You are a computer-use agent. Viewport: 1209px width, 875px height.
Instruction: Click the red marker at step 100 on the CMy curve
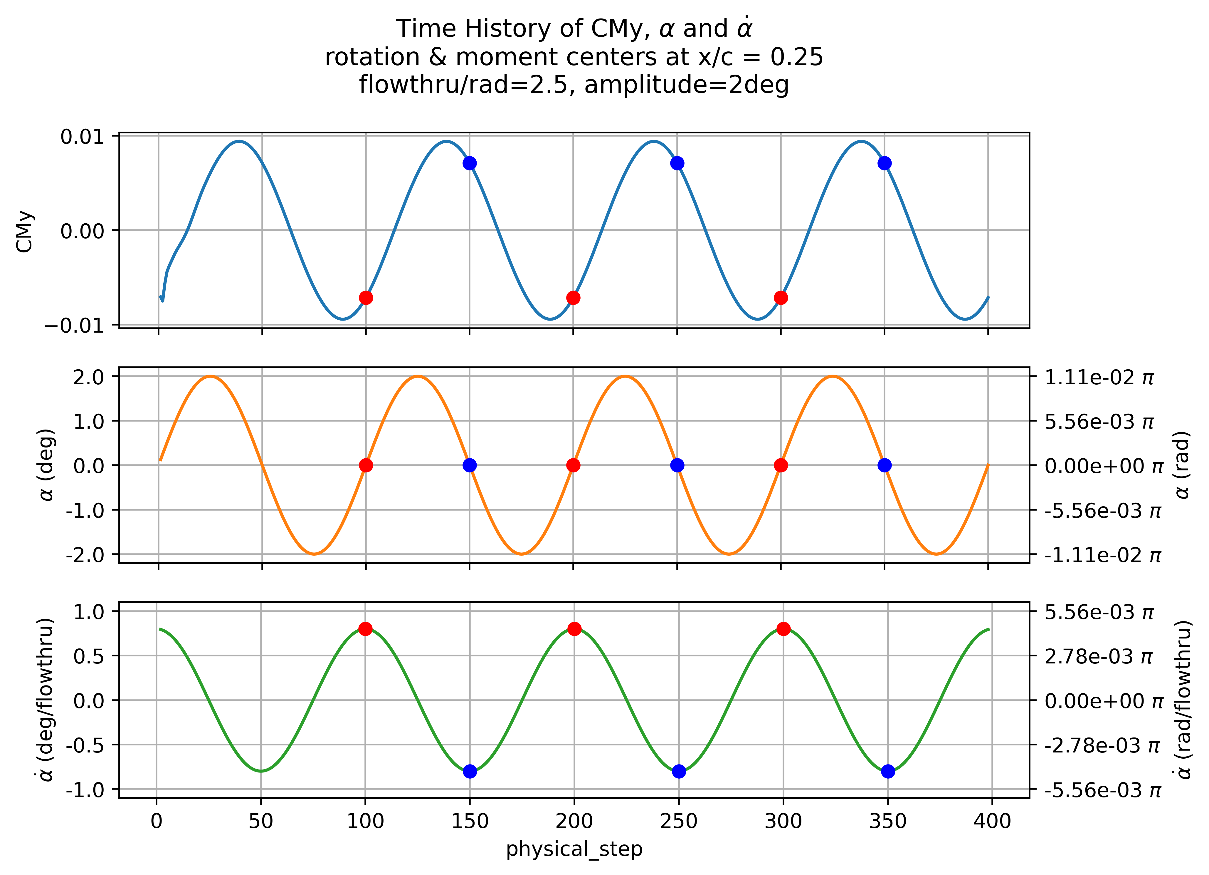click(x=366, y=298)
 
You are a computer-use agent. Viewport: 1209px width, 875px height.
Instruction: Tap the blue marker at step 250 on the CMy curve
click(x=677, y=163)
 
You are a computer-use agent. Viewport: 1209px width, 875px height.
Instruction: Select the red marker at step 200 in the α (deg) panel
click(x=573, y=465)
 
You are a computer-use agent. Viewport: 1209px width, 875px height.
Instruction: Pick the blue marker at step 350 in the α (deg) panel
click(x=885, y=465)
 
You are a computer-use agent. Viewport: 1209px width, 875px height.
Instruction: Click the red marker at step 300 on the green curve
click(x=783, y=629)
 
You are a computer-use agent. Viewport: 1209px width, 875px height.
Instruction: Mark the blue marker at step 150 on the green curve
click(x=470, y=772)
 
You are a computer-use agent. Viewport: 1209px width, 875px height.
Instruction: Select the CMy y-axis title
click(x=25, y=231)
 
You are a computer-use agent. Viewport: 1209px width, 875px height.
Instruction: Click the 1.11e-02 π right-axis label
click(x=1099, y=378)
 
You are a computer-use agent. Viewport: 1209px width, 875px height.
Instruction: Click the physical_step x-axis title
click(x=574, y=849)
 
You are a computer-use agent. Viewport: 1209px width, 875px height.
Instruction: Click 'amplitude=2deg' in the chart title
click(x=687, y=85)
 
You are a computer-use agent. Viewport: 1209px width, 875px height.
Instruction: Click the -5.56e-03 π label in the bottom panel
click(x=1102, y=790)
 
